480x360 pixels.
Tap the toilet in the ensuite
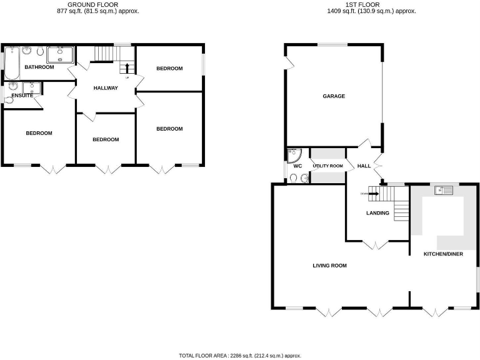pyautogui.click(x=9, y=99)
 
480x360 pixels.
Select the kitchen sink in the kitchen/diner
pyautogui.click(x=447, y=191)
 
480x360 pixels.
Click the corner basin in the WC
pyautogui.click(x=292, y=152)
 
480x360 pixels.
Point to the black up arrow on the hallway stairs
pyautogui.click(x=127, y=67)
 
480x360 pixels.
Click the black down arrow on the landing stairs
pyautogui.click(x=373, y=193)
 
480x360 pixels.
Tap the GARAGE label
pyautogui.click(x=334, y=96)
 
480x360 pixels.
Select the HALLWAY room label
pyautogui.click(x=106, y=88)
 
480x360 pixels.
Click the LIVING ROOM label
pyautogui.click(x=329, y=266)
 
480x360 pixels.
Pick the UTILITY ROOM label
pyautogui.click(x=328, y=166)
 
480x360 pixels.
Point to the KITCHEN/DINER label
pyautogui.click(x=443, y=254)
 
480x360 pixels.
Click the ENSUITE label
pyautogui.click(x=22, y=95)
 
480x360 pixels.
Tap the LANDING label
pyautogui.click(x=377, y=213)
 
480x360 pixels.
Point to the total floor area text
pyautogui.click(x=240, y=355)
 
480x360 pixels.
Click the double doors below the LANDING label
pyautogui.click(x=377, y=245)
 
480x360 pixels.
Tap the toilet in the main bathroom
pyautogui.click(x=40, y=51)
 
